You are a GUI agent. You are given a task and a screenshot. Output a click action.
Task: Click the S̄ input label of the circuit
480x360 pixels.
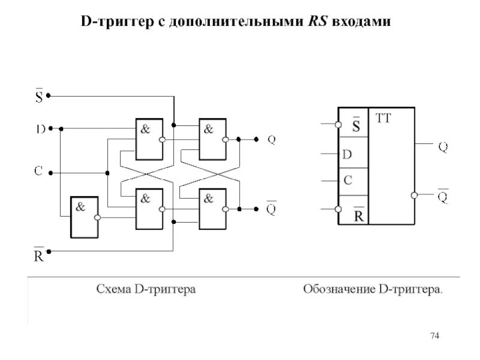[x=38, y=95]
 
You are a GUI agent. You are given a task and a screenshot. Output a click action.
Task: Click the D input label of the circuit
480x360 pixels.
[x=38, y=128]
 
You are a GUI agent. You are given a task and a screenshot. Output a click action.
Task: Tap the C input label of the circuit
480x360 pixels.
[x=38, y=172]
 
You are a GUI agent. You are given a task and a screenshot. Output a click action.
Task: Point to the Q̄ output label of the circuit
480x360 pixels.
[x=271, y=208]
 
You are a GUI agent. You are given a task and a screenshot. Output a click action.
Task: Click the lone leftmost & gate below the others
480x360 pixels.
[x=85, y=215]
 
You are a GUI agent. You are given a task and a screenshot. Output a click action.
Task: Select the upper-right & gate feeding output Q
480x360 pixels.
[x=212, y=139]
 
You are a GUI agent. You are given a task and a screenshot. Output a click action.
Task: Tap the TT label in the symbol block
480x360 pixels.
[x=383, y=119]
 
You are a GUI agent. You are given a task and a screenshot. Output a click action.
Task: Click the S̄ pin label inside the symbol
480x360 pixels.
[x=356, y=125]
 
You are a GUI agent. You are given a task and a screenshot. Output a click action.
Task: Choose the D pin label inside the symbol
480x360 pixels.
[x=347, y=154]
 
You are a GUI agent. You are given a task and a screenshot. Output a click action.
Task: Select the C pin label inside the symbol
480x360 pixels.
[x=347, y=180]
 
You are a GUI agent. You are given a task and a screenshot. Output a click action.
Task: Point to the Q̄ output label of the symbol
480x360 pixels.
[x=442, y=196]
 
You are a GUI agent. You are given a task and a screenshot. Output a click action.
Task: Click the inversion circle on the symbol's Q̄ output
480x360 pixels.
[x=415, y=196]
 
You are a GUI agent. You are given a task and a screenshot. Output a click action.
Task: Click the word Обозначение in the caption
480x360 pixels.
[x=338, y=290]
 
